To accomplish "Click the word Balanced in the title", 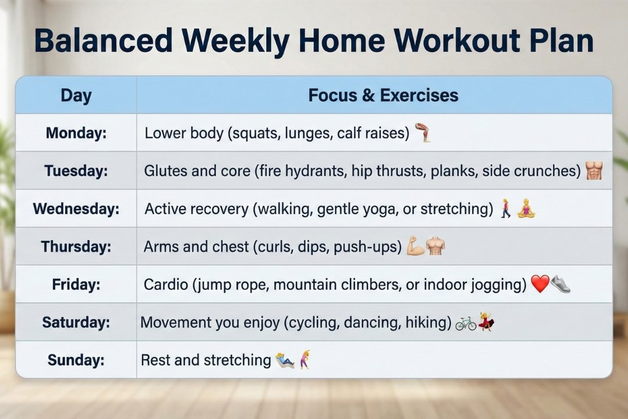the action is click(104, 41).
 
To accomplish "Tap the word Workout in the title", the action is click(457, 41).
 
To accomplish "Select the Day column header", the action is click(76, 96).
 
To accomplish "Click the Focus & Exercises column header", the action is click(383, 95).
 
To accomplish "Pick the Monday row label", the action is click(76, 133).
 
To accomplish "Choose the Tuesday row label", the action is click(76, 171).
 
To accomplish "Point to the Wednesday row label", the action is click(76, 209).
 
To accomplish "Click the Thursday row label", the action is click(76, 247).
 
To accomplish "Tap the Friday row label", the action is click(76, 285).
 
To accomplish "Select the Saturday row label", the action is click(76, 322).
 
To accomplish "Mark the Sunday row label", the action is click(76, 360).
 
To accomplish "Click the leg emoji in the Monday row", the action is click(423, 133).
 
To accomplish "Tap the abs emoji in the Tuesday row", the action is click(594, 171).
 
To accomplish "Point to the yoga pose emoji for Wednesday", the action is click(526, 208).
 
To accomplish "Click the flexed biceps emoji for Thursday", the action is click(415, 246).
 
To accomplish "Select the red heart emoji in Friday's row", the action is click(540, 284).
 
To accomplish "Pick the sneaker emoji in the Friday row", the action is click(561, 284).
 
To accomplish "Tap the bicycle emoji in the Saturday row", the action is click(466, 323).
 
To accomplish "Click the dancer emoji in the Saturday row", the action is click(486, 321).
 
